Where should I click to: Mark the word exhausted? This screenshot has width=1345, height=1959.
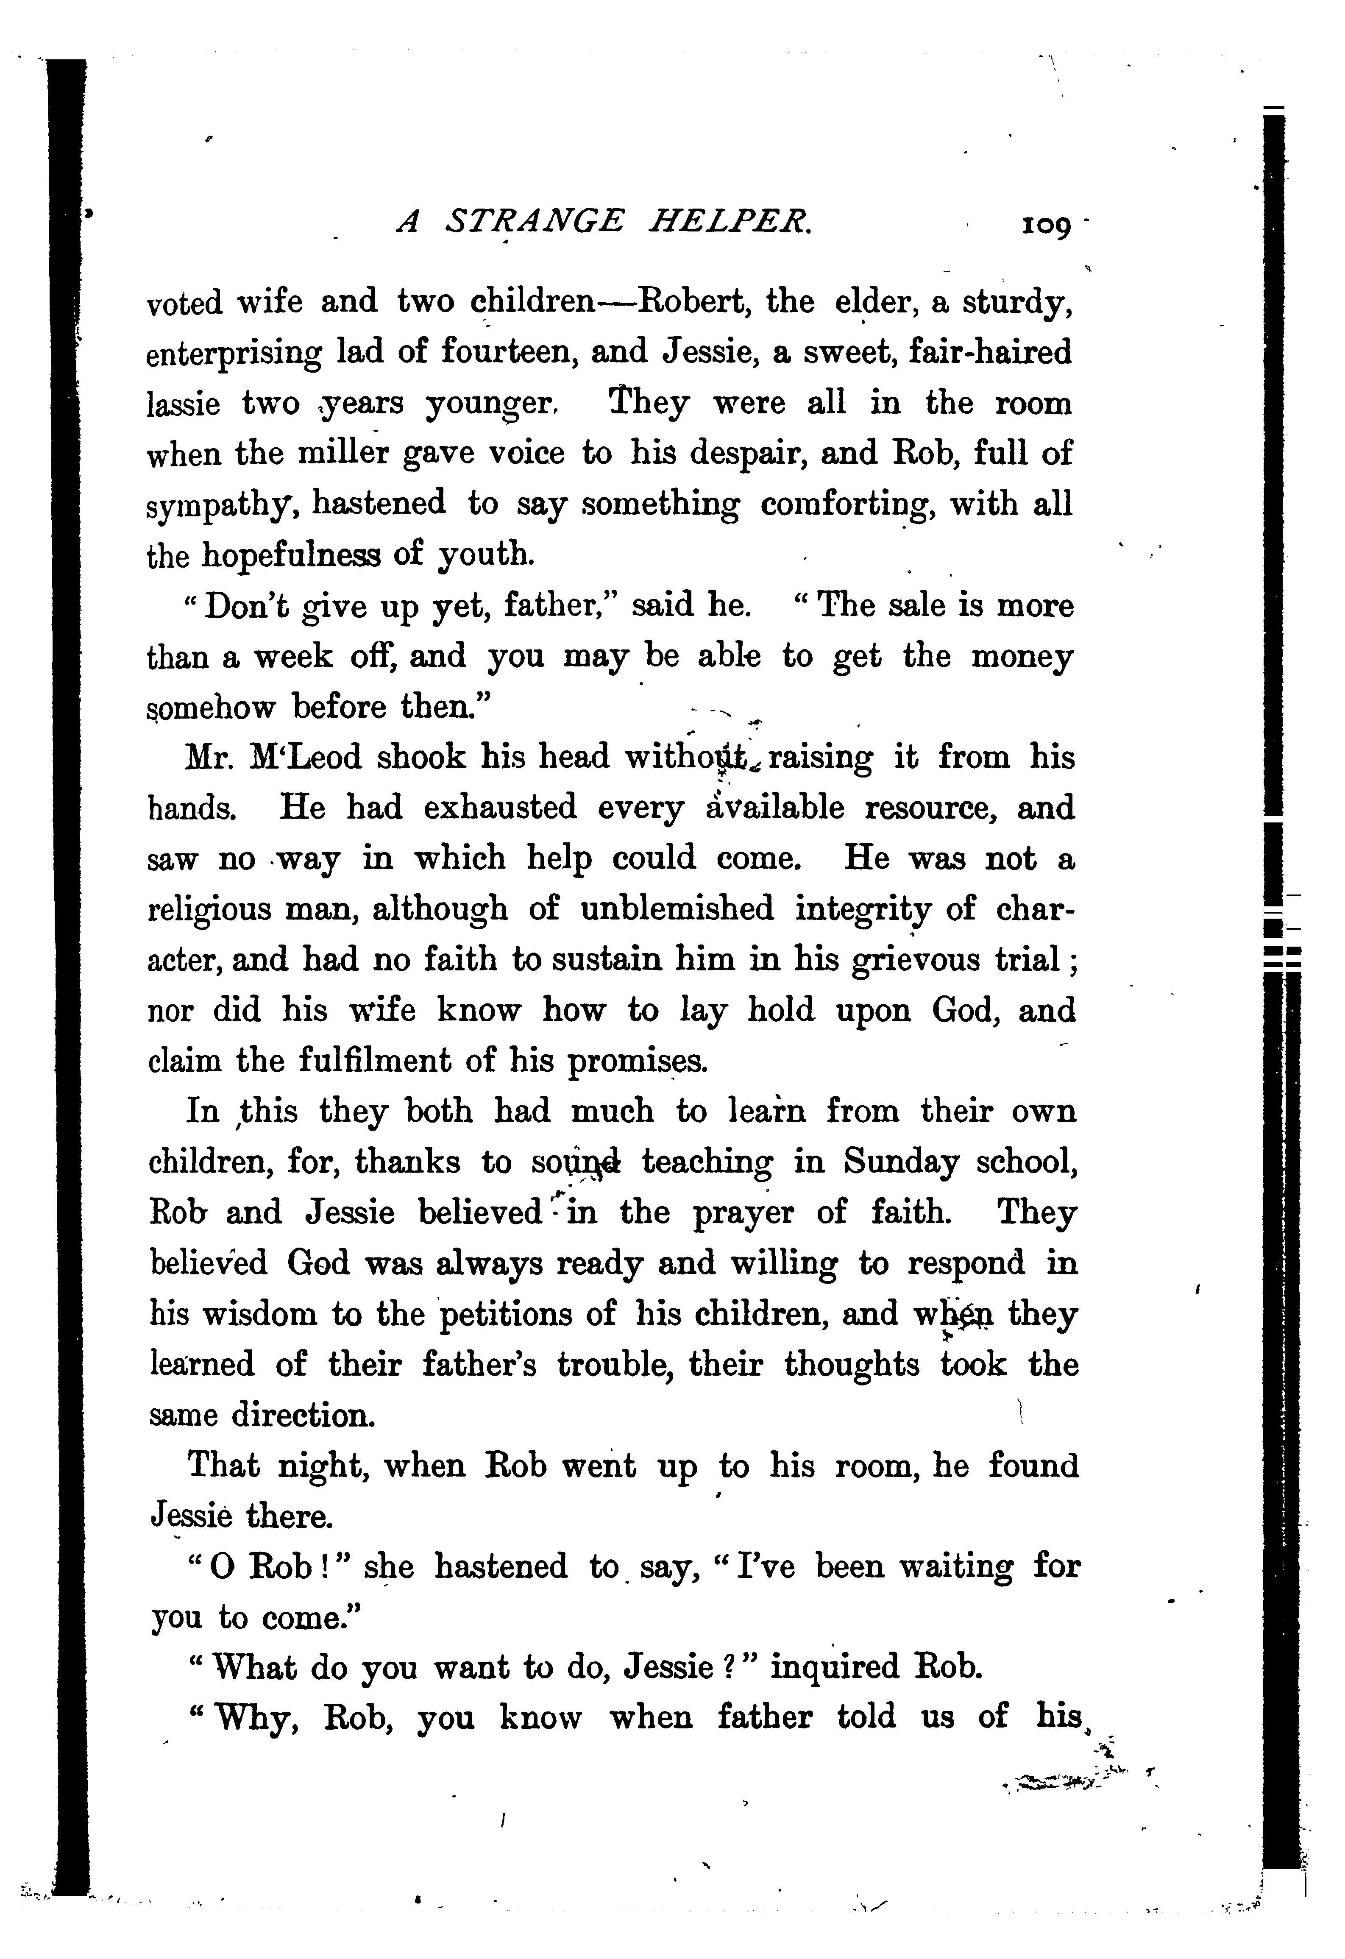[500, 808]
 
